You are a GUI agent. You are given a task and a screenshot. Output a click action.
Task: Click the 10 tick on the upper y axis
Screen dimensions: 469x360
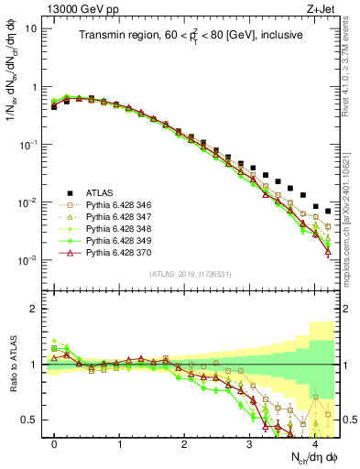click(31, 28)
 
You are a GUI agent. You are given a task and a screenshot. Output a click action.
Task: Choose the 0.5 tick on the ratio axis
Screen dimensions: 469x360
click(29, 420)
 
